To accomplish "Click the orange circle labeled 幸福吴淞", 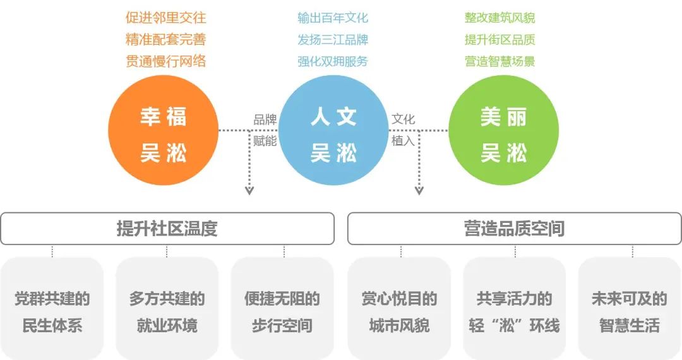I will point(164,135).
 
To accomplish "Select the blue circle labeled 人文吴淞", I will point(333,135).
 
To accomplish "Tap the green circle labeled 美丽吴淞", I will point(503,135).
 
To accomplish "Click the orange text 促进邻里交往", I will point(166,18).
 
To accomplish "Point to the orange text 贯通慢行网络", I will point(166,61).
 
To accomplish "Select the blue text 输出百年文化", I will point(333,18).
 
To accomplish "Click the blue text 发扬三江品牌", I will point(333,39).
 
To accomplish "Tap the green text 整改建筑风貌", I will point(500,18).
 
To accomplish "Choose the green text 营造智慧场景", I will point(500,61).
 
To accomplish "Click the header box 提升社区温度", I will point(167,228).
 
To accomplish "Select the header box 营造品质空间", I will point(514,228).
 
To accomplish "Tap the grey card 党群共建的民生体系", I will point(52,312).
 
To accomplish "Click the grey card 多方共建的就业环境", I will point(167,312).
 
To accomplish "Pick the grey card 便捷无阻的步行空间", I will point(282,312).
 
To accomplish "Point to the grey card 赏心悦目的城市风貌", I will point(399,312).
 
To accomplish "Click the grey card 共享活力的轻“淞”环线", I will point(514,312).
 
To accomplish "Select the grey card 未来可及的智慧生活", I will point(629,312).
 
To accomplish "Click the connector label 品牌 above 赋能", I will point(265,119).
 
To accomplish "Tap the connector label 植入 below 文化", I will point(403,140).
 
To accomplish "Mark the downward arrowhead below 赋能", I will point(249,189).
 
